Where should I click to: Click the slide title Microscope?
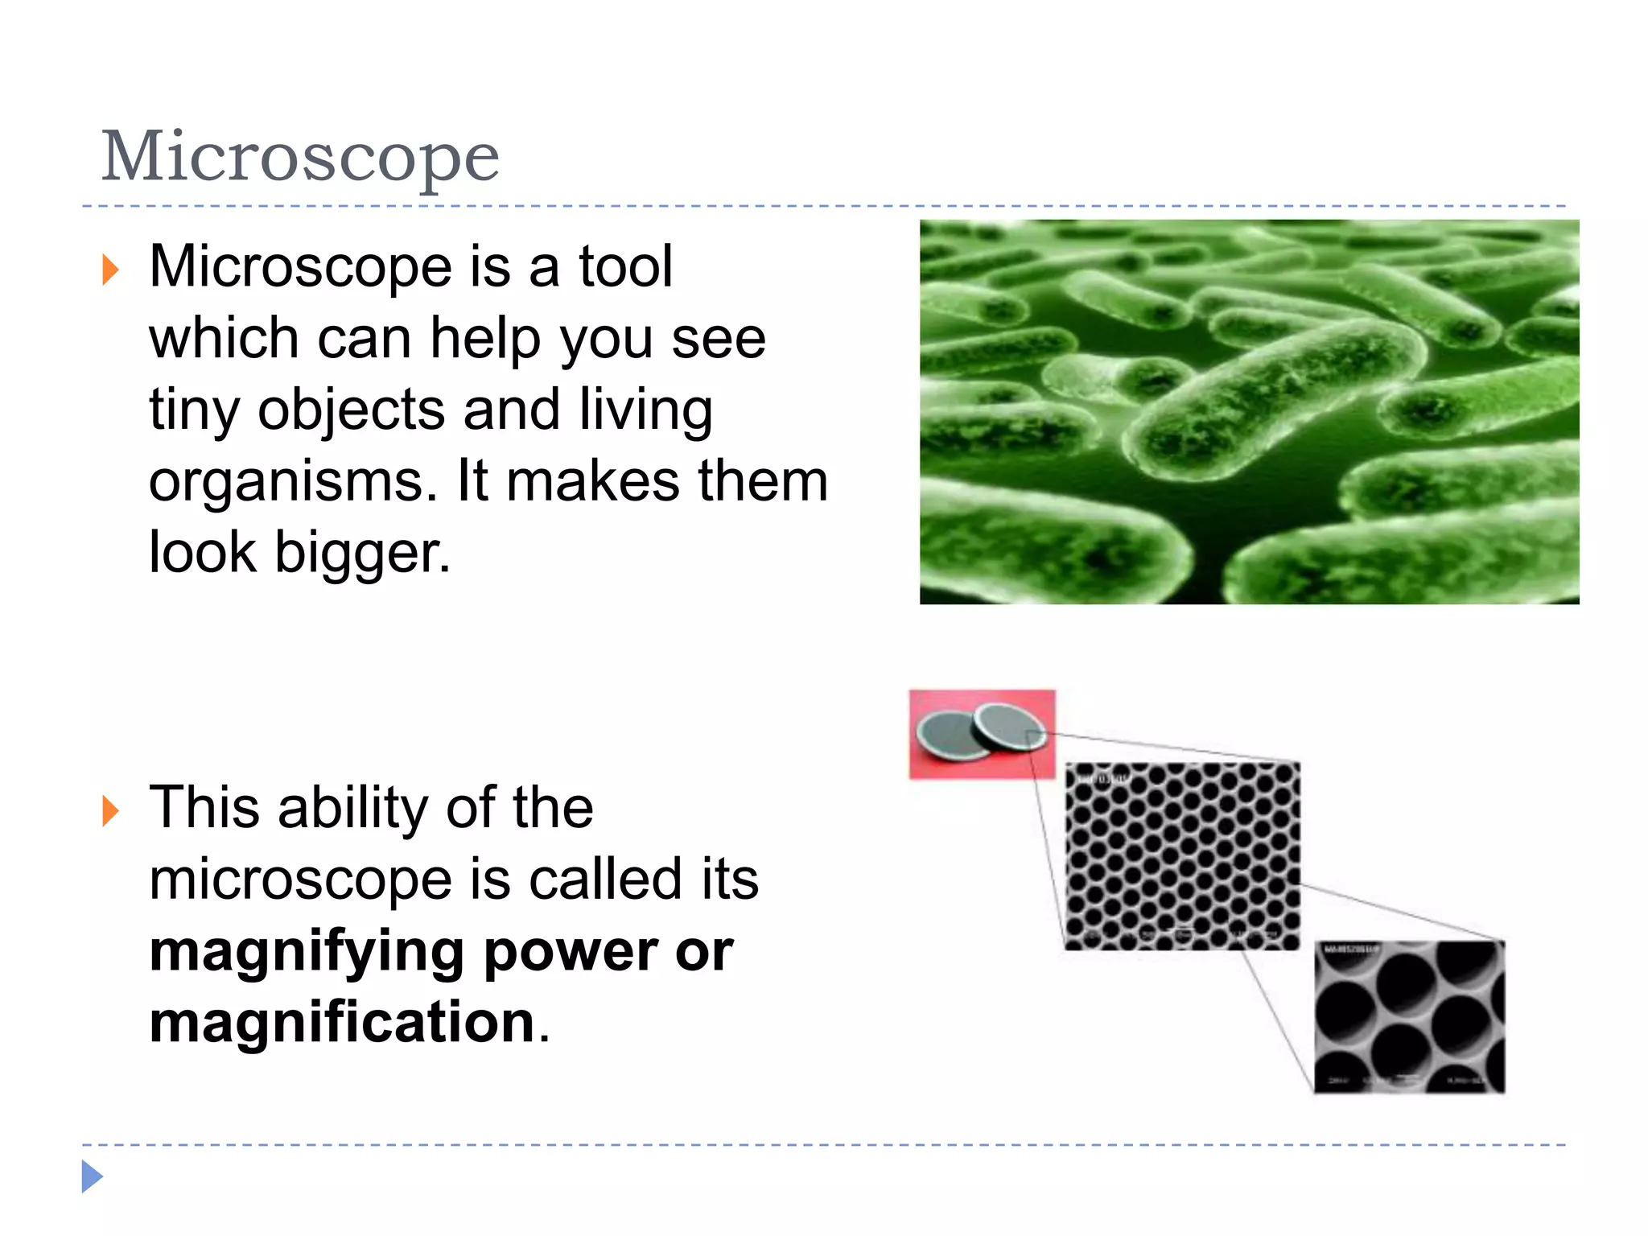[x=300, y=157]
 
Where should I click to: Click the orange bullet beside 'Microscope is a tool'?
[x=110, y=270]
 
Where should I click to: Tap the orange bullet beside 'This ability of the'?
[x=110, y=810]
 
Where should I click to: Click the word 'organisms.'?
[x=294, y=483]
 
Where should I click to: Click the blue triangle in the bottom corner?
[x=92, y=1176]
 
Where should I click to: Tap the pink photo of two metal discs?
[x=982, y=734]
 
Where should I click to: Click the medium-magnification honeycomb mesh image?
[x=1181, y=856]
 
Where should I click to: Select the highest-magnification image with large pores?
[x=1409, y=1017]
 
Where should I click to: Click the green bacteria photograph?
[x=1249, y=411]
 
